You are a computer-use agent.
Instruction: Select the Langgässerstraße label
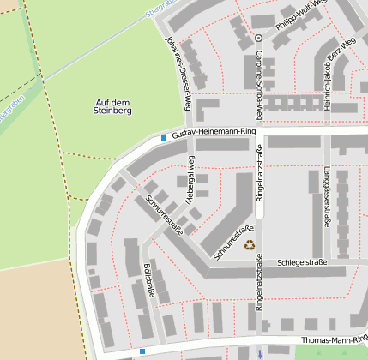[x=327, y=196]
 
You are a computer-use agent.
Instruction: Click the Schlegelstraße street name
[x=302, y=262]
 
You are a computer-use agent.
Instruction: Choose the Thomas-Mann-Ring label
[x=330, y=340]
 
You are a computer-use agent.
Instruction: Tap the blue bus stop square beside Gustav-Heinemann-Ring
[x=163, y=137]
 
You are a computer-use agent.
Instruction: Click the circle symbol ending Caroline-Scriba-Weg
[x=258, y=39]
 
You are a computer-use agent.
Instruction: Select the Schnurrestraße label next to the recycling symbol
[x=233, y=243]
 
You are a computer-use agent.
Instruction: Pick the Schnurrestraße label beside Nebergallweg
[x=165, y=214]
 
